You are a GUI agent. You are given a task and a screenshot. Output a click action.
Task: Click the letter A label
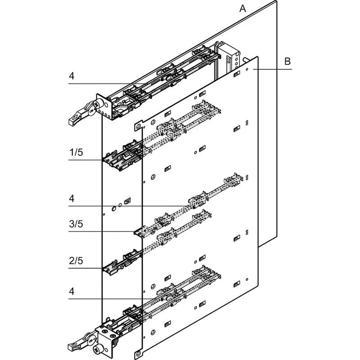click(243, 8)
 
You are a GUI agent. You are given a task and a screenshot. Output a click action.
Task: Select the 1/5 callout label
click(76, 153)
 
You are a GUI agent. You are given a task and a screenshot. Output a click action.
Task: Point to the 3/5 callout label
click(76, 224)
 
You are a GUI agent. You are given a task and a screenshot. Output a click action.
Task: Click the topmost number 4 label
click(72, 76)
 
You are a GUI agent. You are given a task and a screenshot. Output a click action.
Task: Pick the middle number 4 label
click(72, 198)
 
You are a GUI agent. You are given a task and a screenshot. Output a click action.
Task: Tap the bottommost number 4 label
click(72, 291)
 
